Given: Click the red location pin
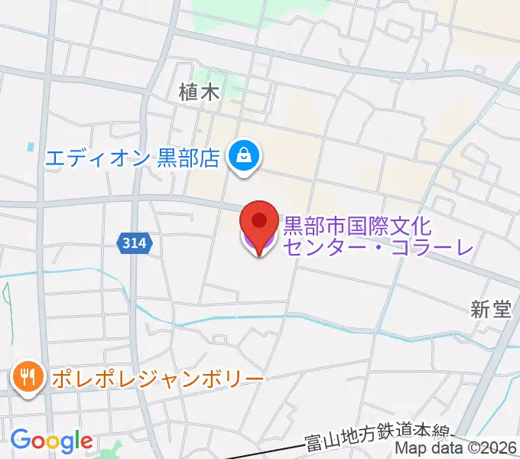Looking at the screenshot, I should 259,222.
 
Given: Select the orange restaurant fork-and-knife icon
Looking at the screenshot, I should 28,377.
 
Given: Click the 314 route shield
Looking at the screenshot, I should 135,243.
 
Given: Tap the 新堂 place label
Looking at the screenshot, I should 490,309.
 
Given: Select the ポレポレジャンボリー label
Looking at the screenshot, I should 158,378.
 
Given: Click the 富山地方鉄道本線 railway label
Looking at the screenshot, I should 379,441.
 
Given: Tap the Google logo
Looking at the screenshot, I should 51,441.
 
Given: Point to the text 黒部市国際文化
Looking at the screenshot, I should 358,226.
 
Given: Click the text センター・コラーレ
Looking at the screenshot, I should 378,246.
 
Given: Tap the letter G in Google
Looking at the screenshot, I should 20,440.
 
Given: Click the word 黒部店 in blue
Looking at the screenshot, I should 188,158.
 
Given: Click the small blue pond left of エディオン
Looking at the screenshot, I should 31,145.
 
